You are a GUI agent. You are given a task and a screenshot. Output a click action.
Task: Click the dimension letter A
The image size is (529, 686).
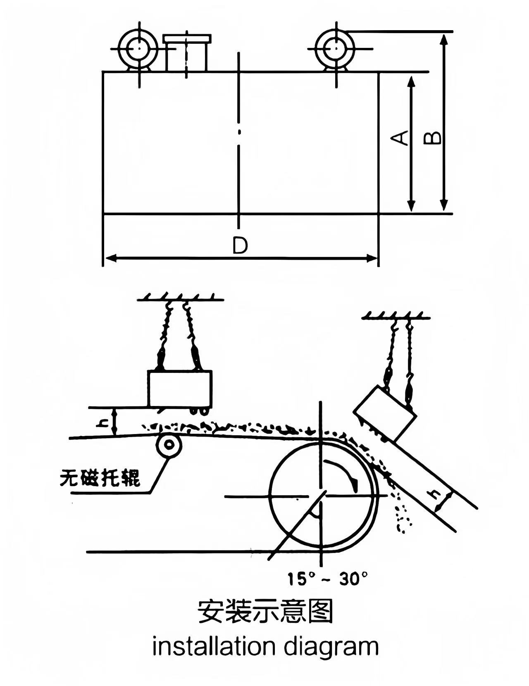[x=400, y=138]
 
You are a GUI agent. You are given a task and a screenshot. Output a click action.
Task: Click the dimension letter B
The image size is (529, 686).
[x=433, y=138]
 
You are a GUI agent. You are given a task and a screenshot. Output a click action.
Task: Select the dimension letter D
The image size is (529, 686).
[x=240, y=246]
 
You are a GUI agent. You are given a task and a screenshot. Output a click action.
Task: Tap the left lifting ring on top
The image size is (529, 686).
[x=137, y=49]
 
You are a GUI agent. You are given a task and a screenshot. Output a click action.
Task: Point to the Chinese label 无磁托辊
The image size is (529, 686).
[x=100, y=478]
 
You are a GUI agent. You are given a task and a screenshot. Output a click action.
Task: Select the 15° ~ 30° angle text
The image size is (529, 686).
[x=328, y=579]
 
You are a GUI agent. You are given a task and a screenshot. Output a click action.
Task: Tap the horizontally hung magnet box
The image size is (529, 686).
[x=180, y=389]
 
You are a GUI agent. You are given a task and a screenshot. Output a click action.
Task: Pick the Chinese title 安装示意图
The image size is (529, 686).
[x=265, y=612]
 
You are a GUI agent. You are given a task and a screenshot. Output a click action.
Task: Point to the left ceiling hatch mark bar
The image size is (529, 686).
[x=181, y=298]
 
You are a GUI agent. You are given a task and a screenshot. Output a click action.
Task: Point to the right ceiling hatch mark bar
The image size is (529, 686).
[x=396, y=317]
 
